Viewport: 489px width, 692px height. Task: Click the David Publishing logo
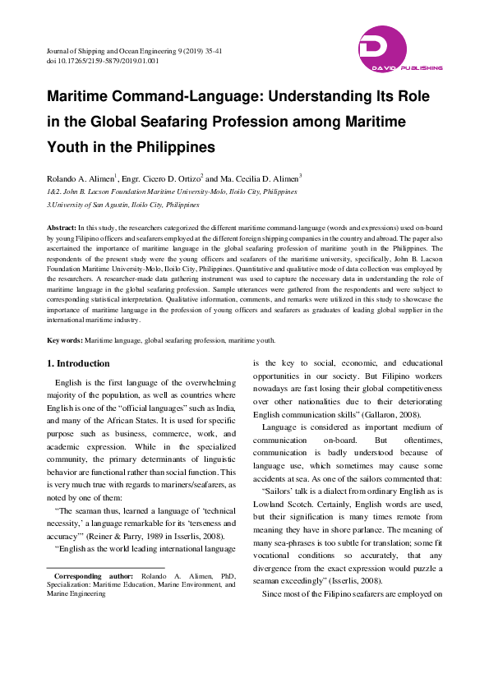[x=400, y=50]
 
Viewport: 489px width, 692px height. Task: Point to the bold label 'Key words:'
[x=64, y=340]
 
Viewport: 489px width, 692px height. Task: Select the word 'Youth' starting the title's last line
[x=71, y=148]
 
